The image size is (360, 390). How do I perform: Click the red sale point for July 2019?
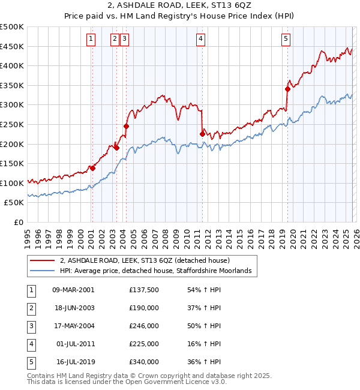click(x=287, y=89)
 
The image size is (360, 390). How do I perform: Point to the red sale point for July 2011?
click(x=202, y=134)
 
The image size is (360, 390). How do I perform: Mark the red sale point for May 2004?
click(x=126, y=126)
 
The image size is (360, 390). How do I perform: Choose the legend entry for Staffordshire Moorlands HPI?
click(x=158, y=271)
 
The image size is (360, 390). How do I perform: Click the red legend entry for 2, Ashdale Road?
click(x=149, y=261)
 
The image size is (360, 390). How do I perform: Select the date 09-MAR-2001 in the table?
click(x=73, y=289)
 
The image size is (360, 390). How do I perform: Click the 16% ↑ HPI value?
click(x=206, y=344)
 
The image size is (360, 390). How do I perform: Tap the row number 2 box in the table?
click(x=31, y=308)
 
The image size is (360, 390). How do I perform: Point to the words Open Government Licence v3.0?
click(x=178, y=381)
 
